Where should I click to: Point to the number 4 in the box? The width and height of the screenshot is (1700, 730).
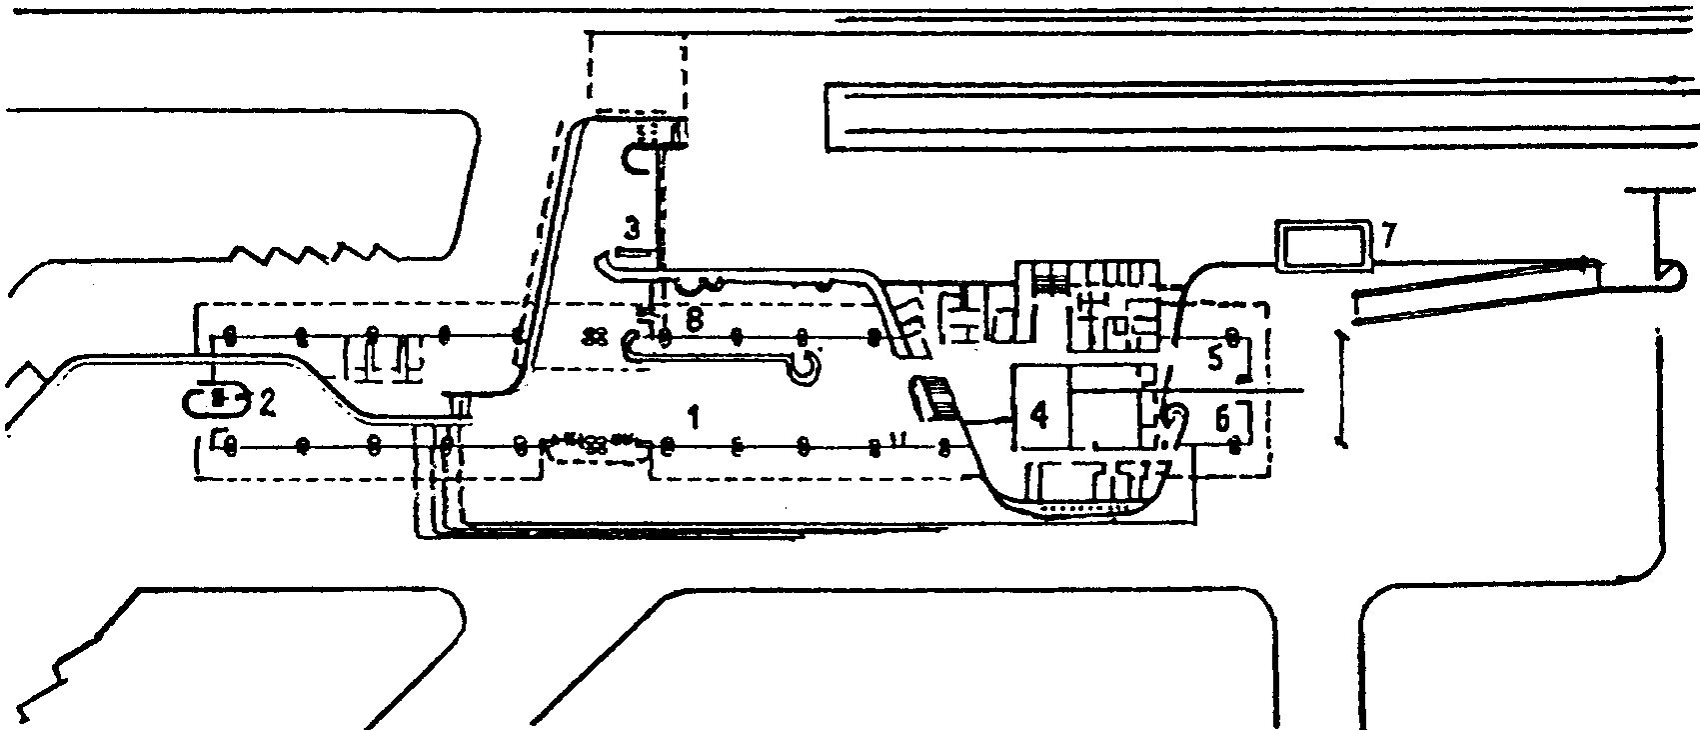1039,414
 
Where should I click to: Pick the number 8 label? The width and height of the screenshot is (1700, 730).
696,320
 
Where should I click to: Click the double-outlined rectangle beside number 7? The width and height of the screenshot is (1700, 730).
1325,245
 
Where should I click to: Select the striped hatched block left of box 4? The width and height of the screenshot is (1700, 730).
935,397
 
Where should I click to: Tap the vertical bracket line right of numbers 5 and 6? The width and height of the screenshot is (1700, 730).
1340,385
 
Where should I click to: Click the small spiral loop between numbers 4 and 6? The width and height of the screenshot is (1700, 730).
1174,414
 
